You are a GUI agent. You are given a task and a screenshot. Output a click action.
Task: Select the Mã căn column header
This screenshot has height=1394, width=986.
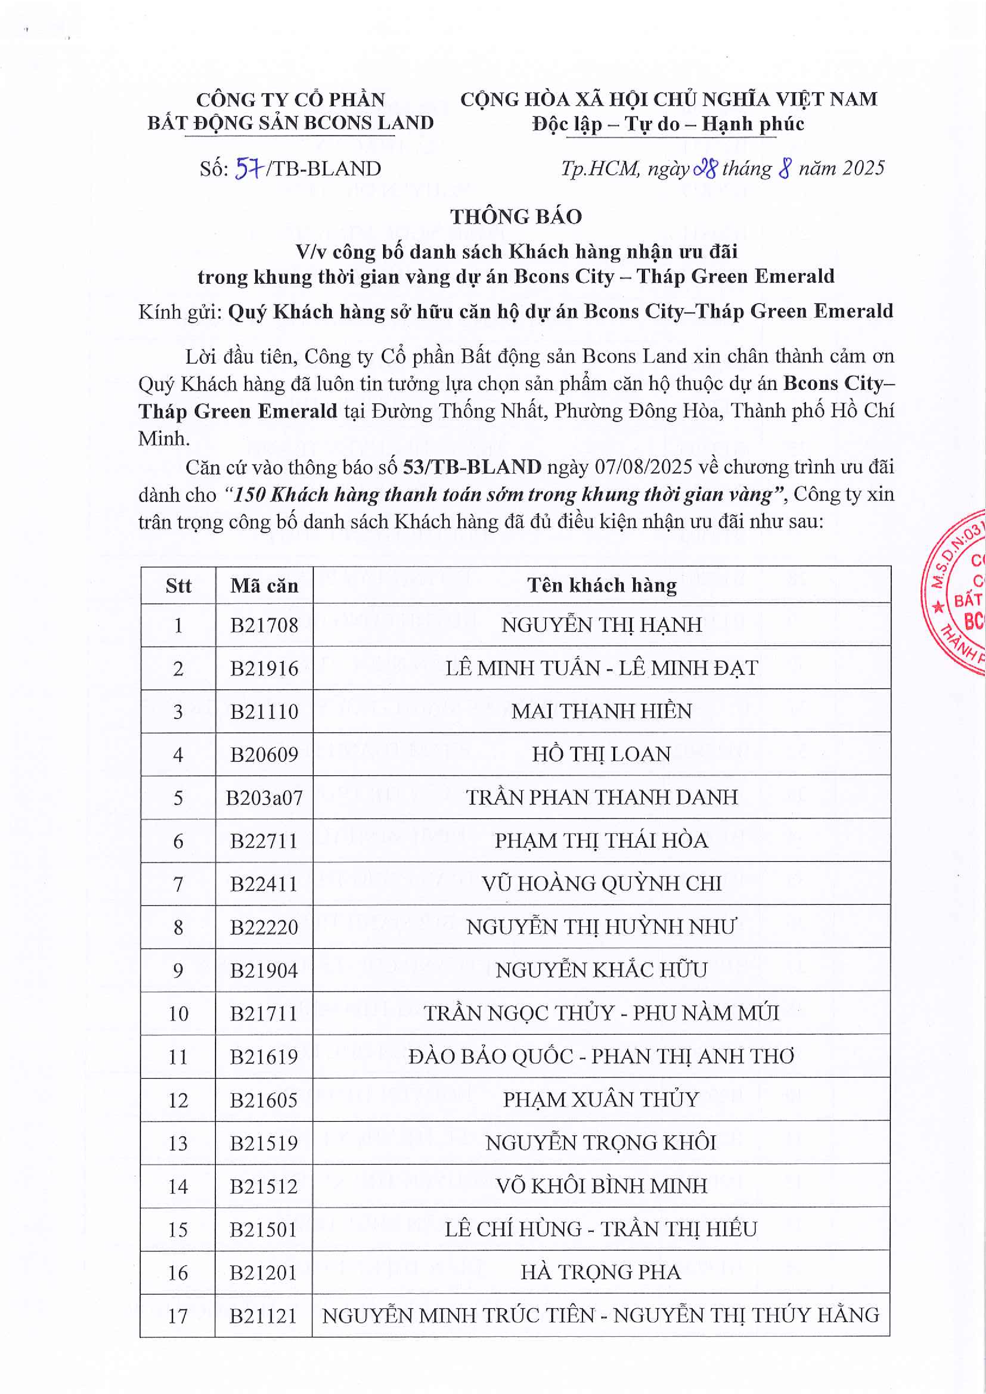point(264,585)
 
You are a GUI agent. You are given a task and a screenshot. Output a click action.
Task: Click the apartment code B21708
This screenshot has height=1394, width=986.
point(264,625)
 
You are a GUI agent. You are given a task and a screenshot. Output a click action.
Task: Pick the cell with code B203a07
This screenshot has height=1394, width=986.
point(264,797)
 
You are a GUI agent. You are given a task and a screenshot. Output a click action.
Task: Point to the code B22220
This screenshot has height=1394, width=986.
point(264,927)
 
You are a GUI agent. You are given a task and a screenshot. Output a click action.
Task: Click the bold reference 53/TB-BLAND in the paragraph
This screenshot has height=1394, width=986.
point(472,467)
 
